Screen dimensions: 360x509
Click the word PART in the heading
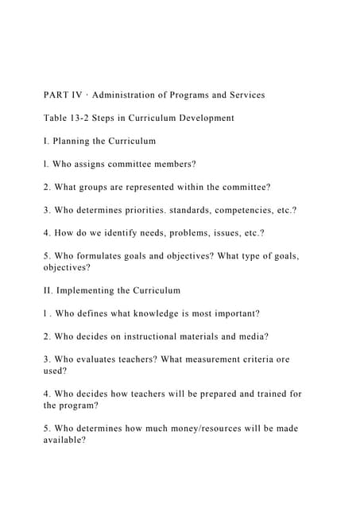[57, 95]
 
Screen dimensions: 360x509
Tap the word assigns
[95, 164]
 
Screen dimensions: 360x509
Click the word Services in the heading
[244, 95]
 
